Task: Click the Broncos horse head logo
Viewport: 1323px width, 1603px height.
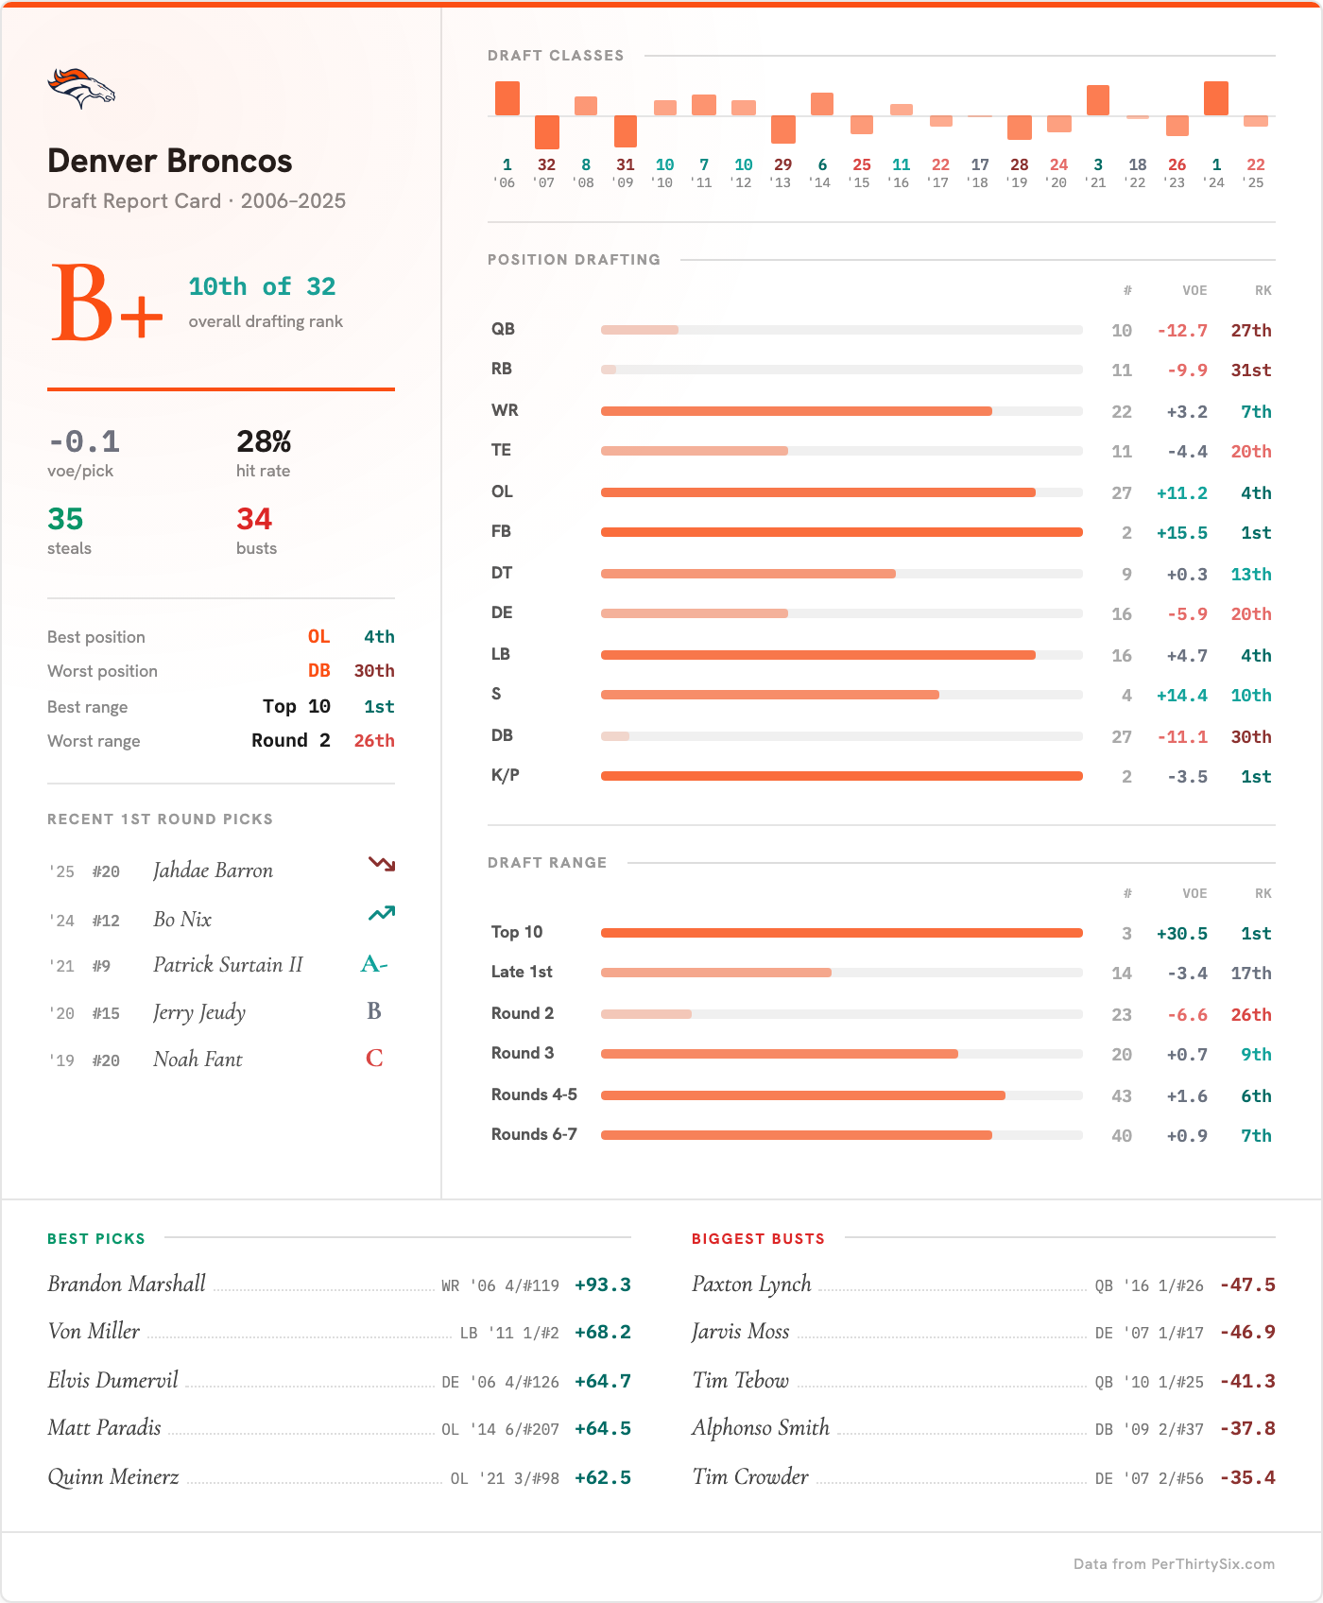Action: pyautogui.click(x=81, y=88)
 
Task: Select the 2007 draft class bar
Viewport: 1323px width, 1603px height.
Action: pyautogui.click(x=546, y=132)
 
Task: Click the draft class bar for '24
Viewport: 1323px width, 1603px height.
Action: pyautogui.click(x=1216, y=98)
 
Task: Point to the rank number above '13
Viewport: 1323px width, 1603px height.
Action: pyautogui.click(x=782, y=164)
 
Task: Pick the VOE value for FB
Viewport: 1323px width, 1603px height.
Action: pyautogui.click(x=1181, y=533)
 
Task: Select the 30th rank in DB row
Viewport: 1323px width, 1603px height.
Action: pyautogui.click(x=1250, y=737)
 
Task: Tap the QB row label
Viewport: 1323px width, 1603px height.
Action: pyautogui.click(x=503, y=329)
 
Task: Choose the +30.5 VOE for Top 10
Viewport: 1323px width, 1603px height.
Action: pyautogui.click(x=1181, y=934)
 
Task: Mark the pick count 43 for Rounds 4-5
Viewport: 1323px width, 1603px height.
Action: pyautogui.click(x=1122, y=1096)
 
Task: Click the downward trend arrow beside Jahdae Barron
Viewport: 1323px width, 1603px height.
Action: pyautogui.click(x=382, y=864)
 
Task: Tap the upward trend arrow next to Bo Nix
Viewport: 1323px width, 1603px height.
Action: pyautogui.click(x=382, y=913)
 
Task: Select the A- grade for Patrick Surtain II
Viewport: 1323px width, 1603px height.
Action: pyautogui.click(x=374, y=964)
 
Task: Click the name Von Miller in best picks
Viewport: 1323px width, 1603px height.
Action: pyautogui.click(x=94, y=1332)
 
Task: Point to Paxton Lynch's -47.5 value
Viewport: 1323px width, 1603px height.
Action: pyautogui.click(x=1247, y=1285)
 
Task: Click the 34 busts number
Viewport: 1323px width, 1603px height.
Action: pyautogui.click(x=254, y=519)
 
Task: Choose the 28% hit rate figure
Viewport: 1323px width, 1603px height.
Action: pyautogui.click(x=264, y=441)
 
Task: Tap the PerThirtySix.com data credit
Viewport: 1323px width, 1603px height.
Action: pyautogui.click(x=1174, y=1564)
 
